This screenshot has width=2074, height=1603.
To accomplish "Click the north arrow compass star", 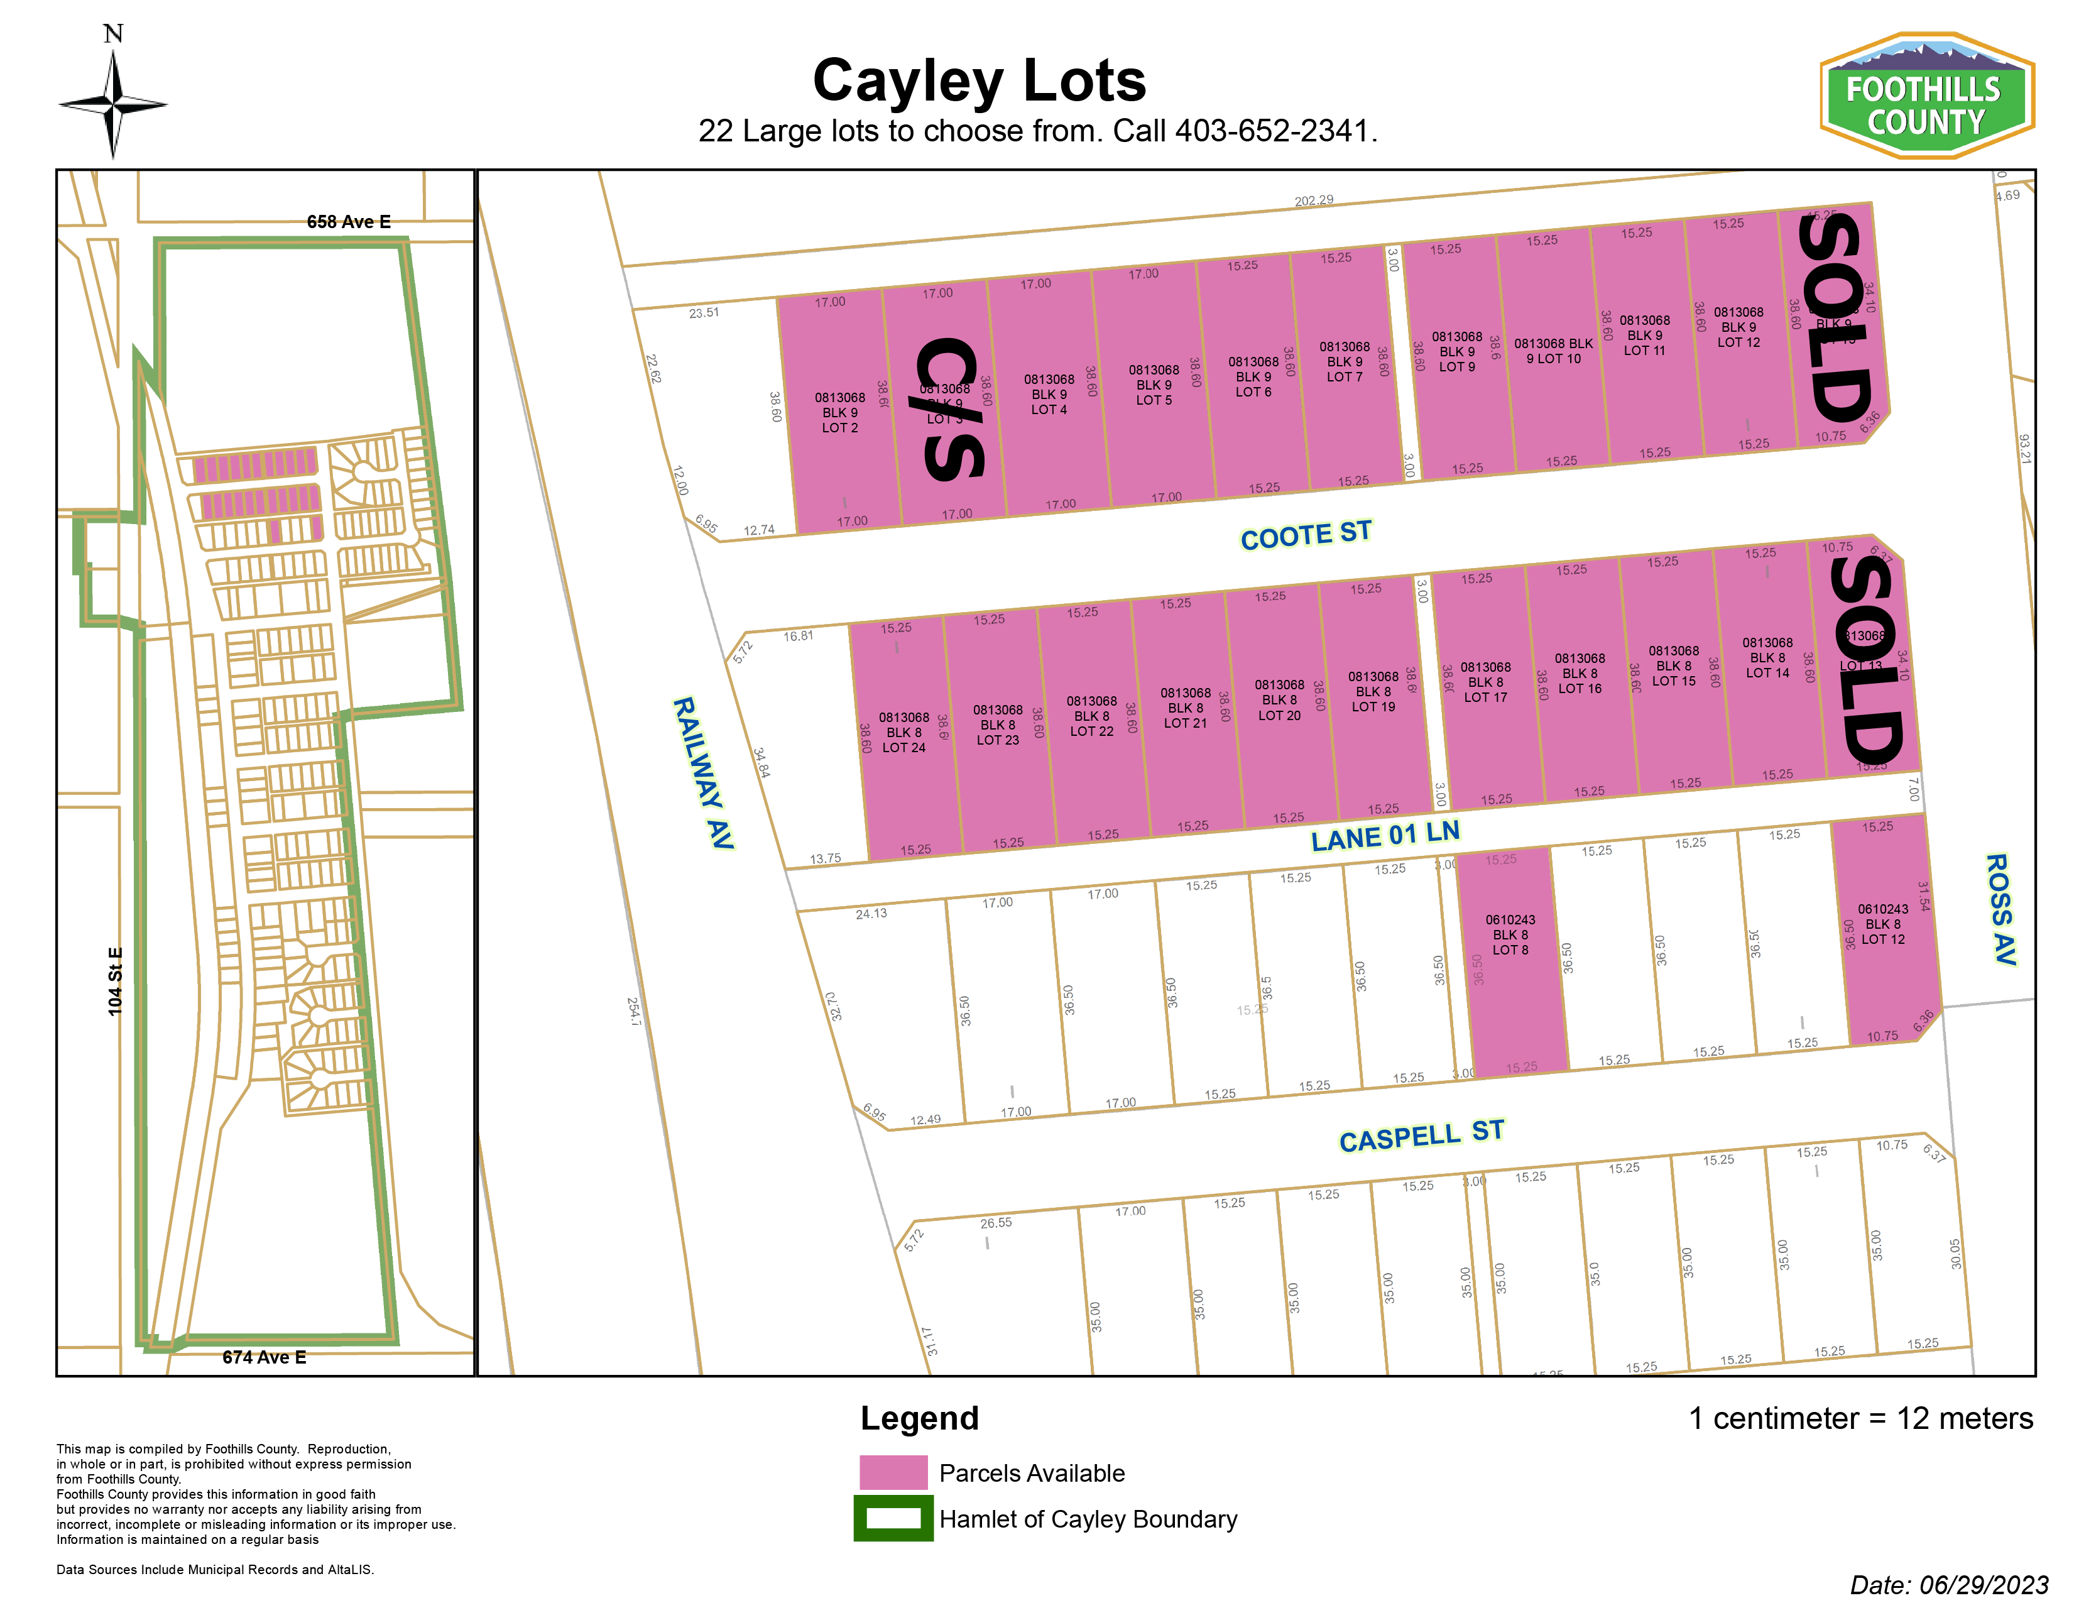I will (113, 104).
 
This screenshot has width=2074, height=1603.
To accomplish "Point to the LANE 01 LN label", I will (1385, 836).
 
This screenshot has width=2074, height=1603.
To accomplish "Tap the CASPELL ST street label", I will (1422, 1135).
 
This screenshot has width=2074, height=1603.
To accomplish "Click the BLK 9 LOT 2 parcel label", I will (839, 413).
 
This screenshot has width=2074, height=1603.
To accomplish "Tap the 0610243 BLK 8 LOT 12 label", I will (1882, 924).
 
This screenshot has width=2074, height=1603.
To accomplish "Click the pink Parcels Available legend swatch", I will (893, 1472).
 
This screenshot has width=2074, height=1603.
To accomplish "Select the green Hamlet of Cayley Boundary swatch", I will (893, 1518).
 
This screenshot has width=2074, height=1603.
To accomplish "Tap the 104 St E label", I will (115, 981).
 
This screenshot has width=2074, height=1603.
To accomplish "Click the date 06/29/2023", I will (1983, 1585).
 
